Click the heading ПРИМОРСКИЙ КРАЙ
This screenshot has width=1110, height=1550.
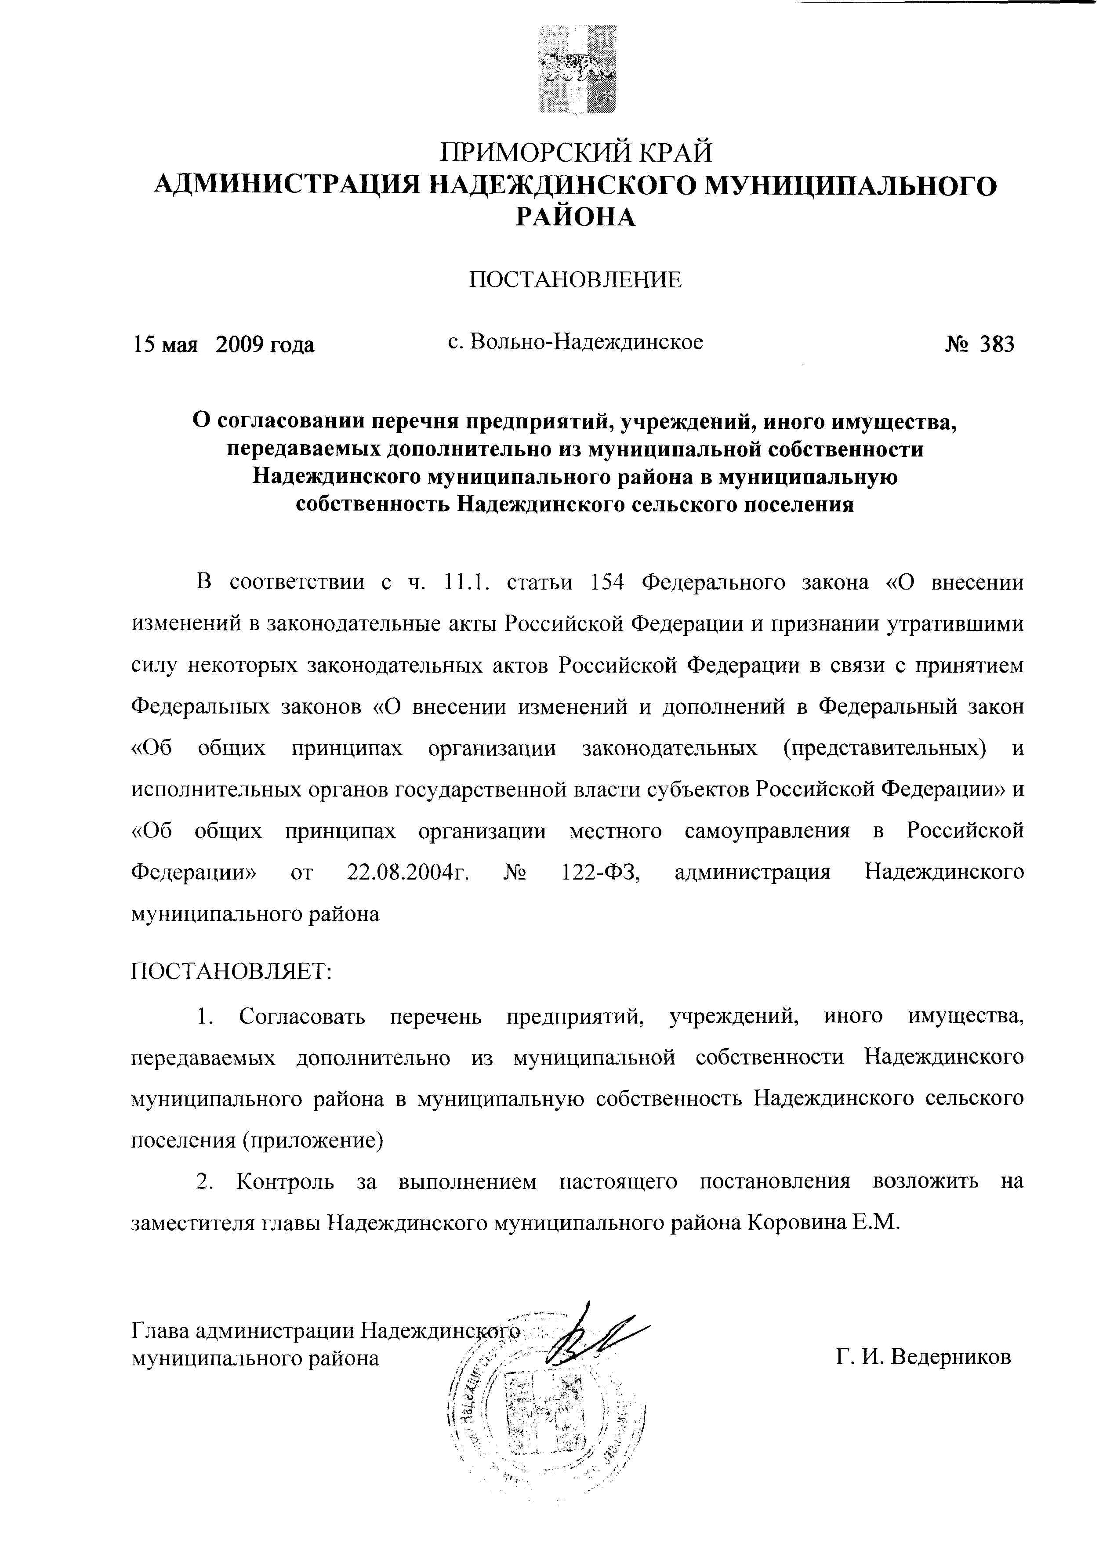(576, 152)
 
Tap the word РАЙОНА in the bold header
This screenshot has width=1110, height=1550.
(575, 217)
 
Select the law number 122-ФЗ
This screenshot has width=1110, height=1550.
(599, 873)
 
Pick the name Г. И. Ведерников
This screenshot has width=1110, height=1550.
(923, 1357)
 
